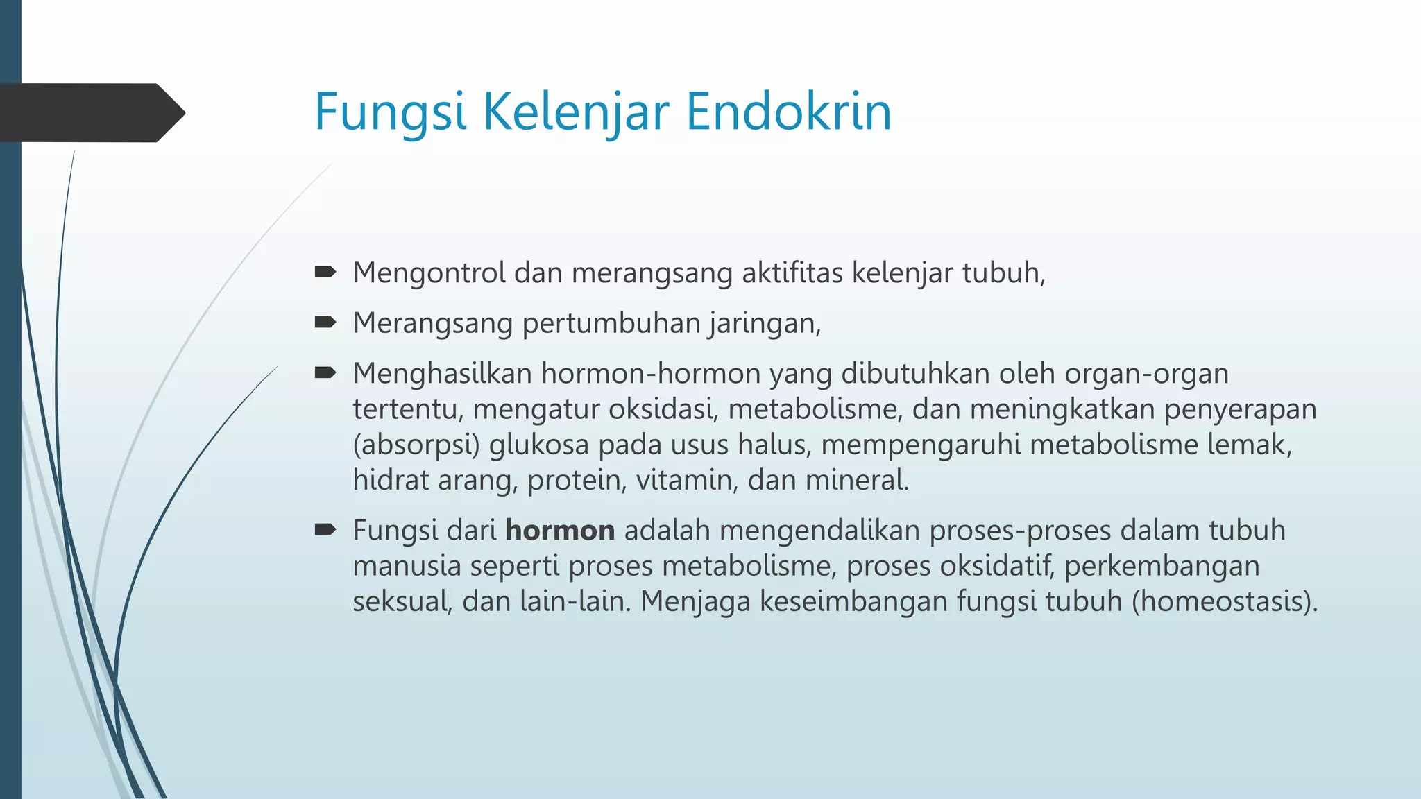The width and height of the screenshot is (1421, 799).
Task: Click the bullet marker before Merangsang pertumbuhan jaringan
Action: pyautogui.click(x=325, y=323)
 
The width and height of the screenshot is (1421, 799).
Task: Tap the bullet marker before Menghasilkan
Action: pyautogui.click(x=325, y=373)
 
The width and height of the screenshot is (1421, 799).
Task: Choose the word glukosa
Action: pyautogui.click(x=539, y=445)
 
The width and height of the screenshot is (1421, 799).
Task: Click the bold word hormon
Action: pyautogui.click(x=560, y=531)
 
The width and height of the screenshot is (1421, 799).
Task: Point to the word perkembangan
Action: pyautogui.click(x=1162, y=566)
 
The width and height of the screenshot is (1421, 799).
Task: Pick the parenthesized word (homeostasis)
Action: pyautogui.click(x=1225, y=601)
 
